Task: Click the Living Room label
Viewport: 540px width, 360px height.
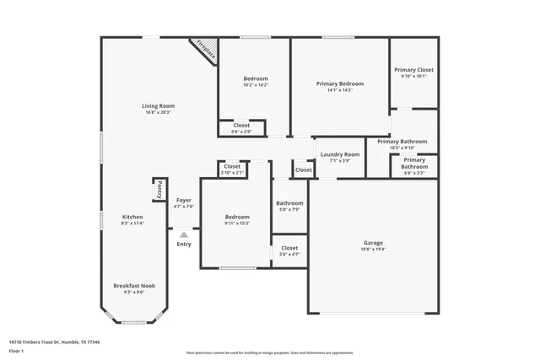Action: click(157, 105)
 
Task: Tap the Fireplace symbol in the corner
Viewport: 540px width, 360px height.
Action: click(205, 49)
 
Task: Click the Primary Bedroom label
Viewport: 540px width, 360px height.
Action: click(340, 83)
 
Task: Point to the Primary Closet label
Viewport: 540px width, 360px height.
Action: click(413, 70)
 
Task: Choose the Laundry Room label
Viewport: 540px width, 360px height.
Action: click(339, 155)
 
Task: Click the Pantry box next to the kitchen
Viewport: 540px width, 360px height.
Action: click(158, 191)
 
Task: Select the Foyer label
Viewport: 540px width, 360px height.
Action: click(184, 201)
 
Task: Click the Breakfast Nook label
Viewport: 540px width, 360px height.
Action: click(134, 286)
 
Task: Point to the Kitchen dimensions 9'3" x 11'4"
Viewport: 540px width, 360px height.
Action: click(132, 223)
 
